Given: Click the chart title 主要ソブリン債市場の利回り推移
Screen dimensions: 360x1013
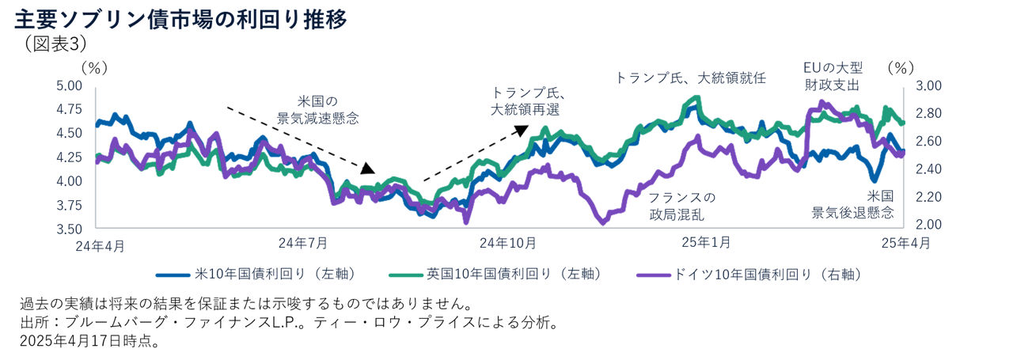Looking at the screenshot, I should click(180, 19).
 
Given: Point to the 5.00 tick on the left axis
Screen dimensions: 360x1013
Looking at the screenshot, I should click(69, 85).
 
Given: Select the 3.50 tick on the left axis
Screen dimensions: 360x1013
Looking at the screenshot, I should click(69, 229).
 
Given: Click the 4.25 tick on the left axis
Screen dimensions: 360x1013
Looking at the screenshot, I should click(69, 157).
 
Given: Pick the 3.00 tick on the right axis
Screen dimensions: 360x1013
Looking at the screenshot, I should click(927, 85).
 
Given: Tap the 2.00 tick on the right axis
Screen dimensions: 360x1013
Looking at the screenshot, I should click(927, 225).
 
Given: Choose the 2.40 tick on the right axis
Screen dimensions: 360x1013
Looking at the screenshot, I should click(927, 169).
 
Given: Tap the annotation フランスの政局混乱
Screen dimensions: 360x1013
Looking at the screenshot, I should click(681, 206).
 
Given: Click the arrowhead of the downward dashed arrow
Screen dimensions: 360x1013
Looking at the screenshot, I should click(368, 169).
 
